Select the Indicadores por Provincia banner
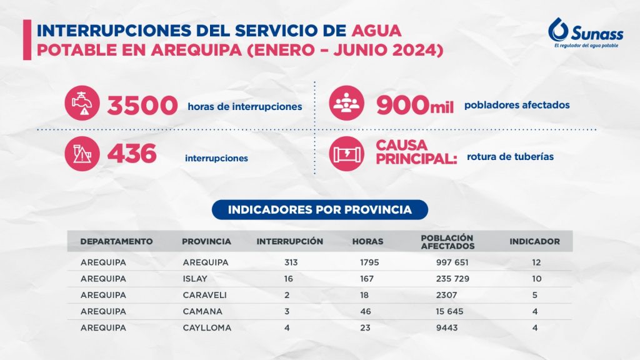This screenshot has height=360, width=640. [319, 210]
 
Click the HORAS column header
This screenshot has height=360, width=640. [367, 241]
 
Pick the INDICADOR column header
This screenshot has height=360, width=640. [534, 241]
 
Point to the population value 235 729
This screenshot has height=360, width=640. [452, 279]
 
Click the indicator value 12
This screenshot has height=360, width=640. [536, 262]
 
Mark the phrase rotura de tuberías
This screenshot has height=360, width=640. [510, 156]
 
